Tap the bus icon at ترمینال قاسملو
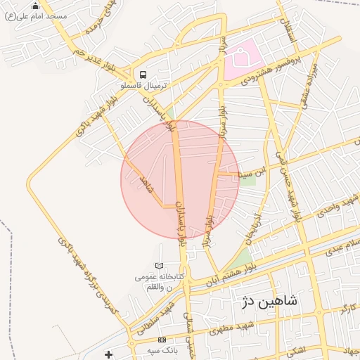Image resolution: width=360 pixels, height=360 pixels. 143,75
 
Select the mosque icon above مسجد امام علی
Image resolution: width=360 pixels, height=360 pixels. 36,6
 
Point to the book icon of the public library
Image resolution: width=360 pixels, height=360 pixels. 160,266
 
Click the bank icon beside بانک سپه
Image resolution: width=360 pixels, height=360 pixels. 162,340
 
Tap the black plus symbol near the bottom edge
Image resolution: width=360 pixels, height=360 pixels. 108,354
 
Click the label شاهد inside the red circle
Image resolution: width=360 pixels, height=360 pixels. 146,186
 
